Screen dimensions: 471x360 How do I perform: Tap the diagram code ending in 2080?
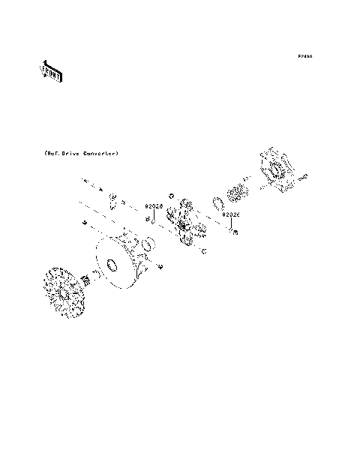point(304,56)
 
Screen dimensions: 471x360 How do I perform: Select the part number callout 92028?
point(153,205)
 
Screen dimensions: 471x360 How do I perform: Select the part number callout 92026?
point(230,214)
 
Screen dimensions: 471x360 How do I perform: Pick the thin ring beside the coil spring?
point(220,204)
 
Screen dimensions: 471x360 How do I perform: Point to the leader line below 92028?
point(153,217)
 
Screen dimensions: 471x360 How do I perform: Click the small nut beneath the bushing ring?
point(160,267)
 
